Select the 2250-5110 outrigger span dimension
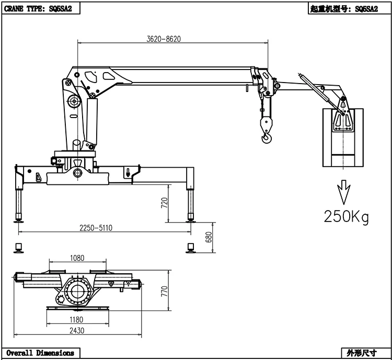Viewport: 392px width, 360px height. tap(96, 227)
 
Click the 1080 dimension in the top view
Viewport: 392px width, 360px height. tap(77, 258)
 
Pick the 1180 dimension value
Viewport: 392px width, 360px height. tap(77, 319)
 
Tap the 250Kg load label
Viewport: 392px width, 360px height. tap(346, 216)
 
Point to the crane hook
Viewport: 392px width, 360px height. tap(267, 137)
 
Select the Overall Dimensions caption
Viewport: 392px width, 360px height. tap(40, 353)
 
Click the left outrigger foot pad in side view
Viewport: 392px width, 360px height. tap(20, 221)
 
